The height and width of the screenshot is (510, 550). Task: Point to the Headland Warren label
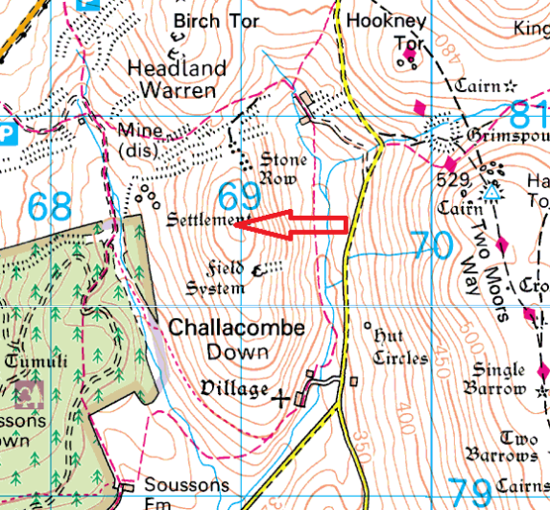(179, 80)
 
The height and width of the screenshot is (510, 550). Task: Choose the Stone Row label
(283, 168)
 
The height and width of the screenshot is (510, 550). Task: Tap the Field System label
(218, 278)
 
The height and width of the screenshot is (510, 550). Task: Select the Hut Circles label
(399, 347)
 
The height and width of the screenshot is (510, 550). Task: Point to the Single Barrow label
(498, 380)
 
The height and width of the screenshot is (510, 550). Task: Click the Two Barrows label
(503, 445)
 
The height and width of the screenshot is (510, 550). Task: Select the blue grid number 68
(49, 205)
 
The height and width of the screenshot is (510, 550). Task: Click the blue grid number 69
(239, 197)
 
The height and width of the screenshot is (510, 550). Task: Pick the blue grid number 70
(432, 245)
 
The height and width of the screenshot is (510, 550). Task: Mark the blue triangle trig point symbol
(491, 193)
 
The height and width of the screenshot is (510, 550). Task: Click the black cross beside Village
(281, 397)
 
